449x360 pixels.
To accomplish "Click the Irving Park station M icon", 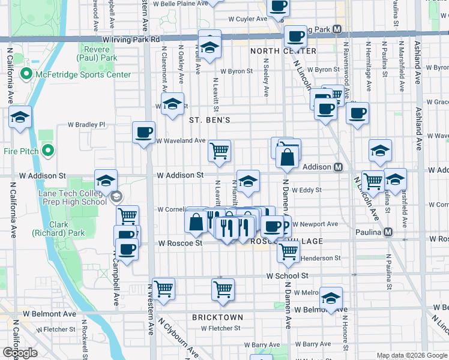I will (337, 29).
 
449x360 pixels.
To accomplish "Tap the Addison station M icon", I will (338, 167).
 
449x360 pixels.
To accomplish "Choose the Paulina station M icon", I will (388, 232).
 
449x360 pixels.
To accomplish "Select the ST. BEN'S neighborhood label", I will (209, 120).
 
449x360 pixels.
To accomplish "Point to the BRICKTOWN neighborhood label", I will (217, 317).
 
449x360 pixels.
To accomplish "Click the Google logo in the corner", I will (20, 352).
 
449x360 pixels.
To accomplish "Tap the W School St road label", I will (288, 275).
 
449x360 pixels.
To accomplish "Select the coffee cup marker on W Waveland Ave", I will (143, 133).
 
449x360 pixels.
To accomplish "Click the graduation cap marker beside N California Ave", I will (20, 117).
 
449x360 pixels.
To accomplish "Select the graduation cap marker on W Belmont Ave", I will (331, 298).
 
